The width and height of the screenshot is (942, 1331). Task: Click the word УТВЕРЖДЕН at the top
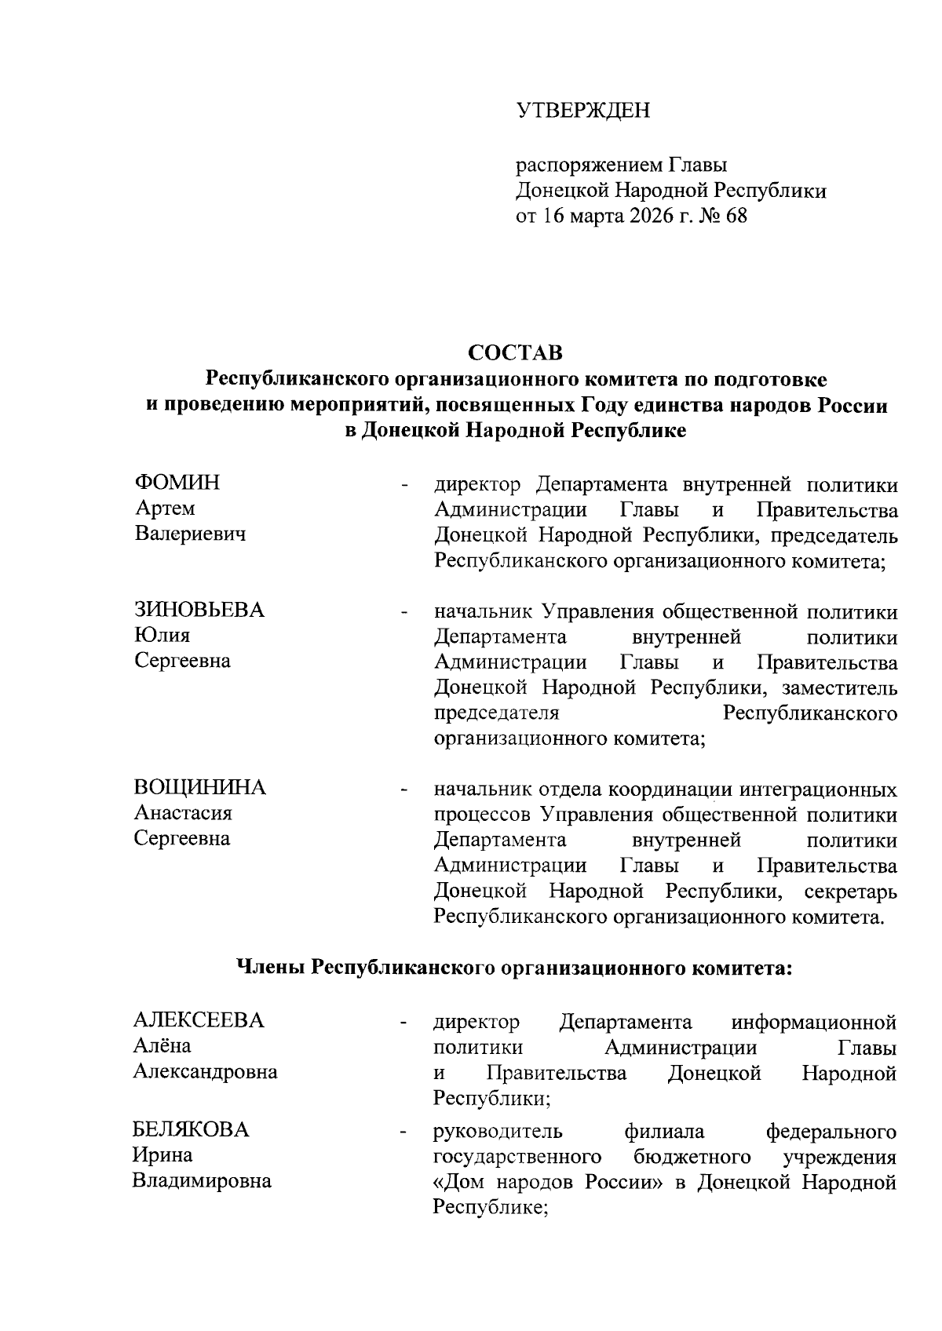[582, 111]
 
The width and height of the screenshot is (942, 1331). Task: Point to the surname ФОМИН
[177, 483]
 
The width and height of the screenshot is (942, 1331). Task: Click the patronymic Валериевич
[190, 534]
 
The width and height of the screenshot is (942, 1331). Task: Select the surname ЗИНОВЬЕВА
[199, 610]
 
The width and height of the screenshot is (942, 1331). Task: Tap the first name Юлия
[162, 635]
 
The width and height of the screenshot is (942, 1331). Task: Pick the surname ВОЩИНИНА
[200, 787]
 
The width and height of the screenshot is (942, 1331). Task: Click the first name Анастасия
[183, 813]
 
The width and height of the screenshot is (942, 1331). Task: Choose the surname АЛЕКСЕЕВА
[199, 1020]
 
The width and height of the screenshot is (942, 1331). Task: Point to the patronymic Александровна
[205, 1072]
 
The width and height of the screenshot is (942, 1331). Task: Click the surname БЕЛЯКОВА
[191, 1130]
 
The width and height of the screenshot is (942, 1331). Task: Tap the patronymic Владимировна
[202, 1181]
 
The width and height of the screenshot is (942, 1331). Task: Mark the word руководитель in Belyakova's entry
[498, 1132]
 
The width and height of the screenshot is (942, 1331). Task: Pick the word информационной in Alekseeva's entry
[813, 1023]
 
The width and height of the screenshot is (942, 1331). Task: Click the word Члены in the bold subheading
[271, 968]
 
